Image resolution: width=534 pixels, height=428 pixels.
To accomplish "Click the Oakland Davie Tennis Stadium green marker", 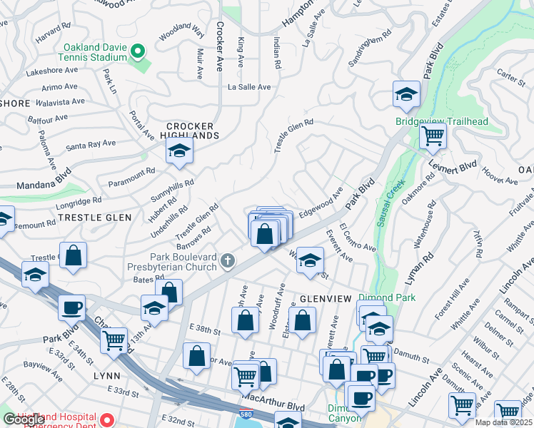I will coord(140,52).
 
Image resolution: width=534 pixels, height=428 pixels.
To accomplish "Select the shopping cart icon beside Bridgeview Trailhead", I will coord(433,136).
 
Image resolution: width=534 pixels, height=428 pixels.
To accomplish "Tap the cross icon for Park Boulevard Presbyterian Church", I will coord(228,260).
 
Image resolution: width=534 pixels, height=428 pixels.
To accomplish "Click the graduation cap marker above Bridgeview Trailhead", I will coord(405,94).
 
